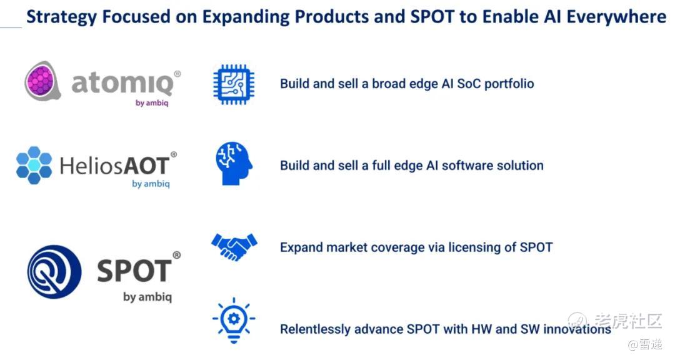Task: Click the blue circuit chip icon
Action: (x=234, y=84)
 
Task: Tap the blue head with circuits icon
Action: (x=234, y=164)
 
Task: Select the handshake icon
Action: (x=234, y=247)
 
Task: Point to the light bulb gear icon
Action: (x=234, y=320)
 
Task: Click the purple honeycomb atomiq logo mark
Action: (x=41, y=81)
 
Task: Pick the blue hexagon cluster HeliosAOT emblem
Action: (x=34, y=166)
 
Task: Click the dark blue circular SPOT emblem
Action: (x=54, y=272)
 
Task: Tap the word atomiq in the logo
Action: (x=122, y=83)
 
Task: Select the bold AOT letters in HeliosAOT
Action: (x=147, y=166)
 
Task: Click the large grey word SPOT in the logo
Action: (x=134, y=271)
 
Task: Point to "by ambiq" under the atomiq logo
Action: (x=152, y=103)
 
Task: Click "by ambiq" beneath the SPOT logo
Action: (x=147, y=297)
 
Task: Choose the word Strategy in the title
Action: (x=61, y=17)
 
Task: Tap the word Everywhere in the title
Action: (x=616, y=17)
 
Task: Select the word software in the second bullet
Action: (x=467, y=166)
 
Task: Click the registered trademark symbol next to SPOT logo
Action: (x=176, y=255)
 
